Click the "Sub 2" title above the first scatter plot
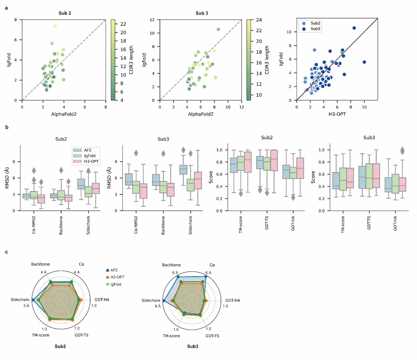tap(65, 13)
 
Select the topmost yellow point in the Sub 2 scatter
tap(55, 26)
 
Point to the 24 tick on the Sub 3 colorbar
tap(259, 20)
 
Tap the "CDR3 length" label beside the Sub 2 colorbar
tap(131, 60)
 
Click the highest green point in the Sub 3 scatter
tap(218, 30)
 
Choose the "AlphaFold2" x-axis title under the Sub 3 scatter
tap(200, 114)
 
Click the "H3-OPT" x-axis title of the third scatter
tap(337, 114)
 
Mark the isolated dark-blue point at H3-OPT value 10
tap(364, 62)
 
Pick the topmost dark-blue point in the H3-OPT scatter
tap(354, 28)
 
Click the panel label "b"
tap(7, 127)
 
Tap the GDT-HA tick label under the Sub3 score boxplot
tap(395, 223)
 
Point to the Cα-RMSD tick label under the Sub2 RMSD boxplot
tap(34, 225)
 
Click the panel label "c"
tap(7, 252)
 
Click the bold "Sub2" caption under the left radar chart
tap(60, 346)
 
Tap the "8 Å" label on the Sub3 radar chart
tap(158, 306)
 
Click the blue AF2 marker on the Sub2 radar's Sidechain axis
tap(33, 300)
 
